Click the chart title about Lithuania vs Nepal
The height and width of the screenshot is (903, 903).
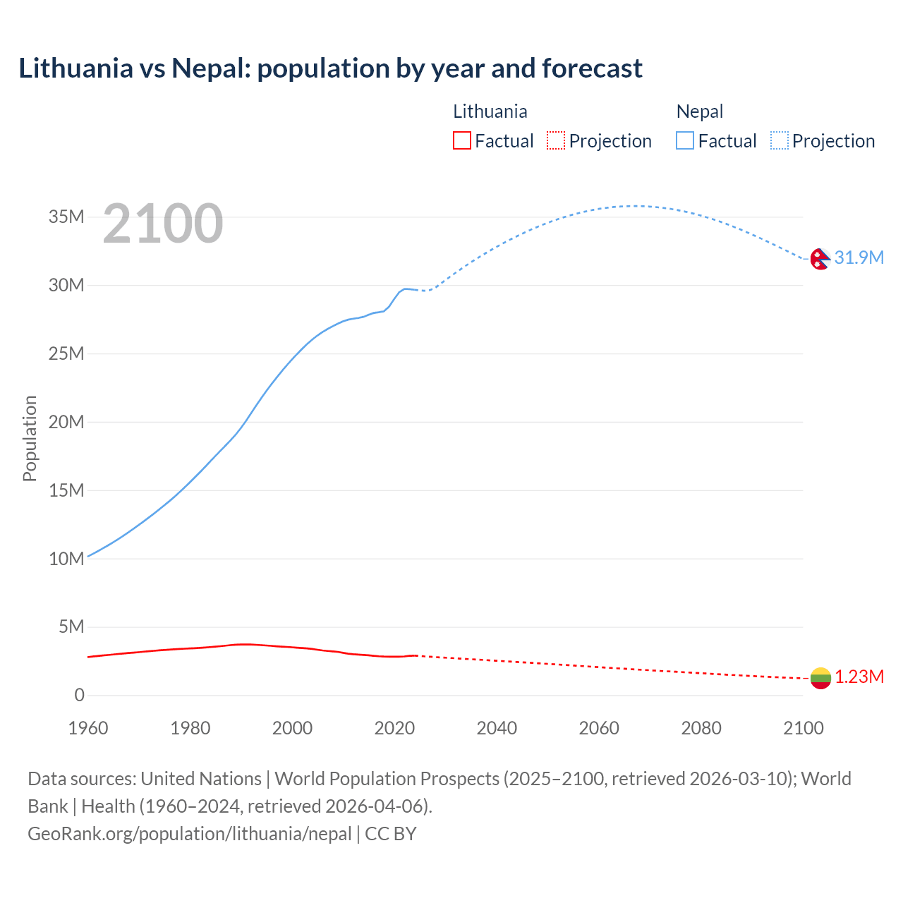[x=330, y=68]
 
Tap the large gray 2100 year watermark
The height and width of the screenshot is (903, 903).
[x=163, y=224]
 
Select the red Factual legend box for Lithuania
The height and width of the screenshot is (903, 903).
[x=461, y=140]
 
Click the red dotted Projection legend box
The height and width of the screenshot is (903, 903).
[x=556, y=140]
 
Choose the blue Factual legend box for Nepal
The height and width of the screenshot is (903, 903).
[x=684, y=140]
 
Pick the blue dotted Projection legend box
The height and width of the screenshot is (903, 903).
[x=780, y=140]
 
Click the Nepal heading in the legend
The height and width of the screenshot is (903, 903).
[x=699, y=111]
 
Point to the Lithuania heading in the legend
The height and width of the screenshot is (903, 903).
[x=490, y=111]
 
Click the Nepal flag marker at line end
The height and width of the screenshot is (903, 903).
[x=820, y=259]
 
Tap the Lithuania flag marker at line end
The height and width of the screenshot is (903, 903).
[x=820, y=678]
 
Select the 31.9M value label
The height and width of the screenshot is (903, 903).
[x=859, y=257]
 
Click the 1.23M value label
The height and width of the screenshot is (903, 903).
[x=859, y=677]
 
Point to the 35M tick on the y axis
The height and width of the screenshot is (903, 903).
[x=66, y=217]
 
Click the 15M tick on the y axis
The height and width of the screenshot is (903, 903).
[x=66, y=490]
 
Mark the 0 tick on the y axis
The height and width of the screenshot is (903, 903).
[x=79, y=696]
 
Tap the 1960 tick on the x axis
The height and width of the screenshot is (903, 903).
[x=88, y=728]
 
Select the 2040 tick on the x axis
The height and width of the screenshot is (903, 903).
[x=497, y=728]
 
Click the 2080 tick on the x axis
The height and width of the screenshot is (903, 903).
[x=701, y=728]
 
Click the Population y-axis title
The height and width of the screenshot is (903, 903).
[x=30, y=438]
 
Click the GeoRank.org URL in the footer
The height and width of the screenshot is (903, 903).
[x=189, y=834]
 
